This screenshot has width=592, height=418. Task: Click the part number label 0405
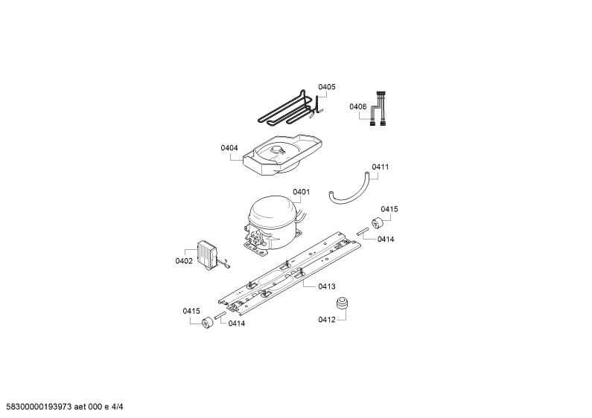coord(327,87)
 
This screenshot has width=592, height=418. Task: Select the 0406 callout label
coord(358,107)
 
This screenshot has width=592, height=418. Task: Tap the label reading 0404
coord(229,148)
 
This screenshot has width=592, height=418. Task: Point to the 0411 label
coord(381,167)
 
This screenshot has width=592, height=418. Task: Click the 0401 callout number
coord(302,192)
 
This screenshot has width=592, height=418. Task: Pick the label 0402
coord(184,261)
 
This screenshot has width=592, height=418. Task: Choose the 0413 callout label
coord(327,286)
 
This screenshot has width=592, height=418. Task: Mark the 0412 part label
coord(327,320)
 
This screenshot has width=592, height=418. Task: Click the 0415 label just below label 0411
coord(389,210)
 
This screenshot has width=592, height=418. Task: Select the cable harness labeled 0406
coord(378,109)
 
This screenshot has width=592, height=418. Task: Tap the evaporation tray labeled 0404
coord(282,155)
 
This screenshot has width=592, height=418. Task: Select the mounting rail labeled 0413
coord(289,274)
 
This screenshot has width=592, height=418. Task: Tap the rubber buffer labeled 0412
coord(342,303)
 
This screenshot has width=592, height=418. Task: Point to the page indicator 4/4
coord(117,407)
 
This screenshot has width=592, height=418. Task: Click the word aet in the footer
coord(80,407)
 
